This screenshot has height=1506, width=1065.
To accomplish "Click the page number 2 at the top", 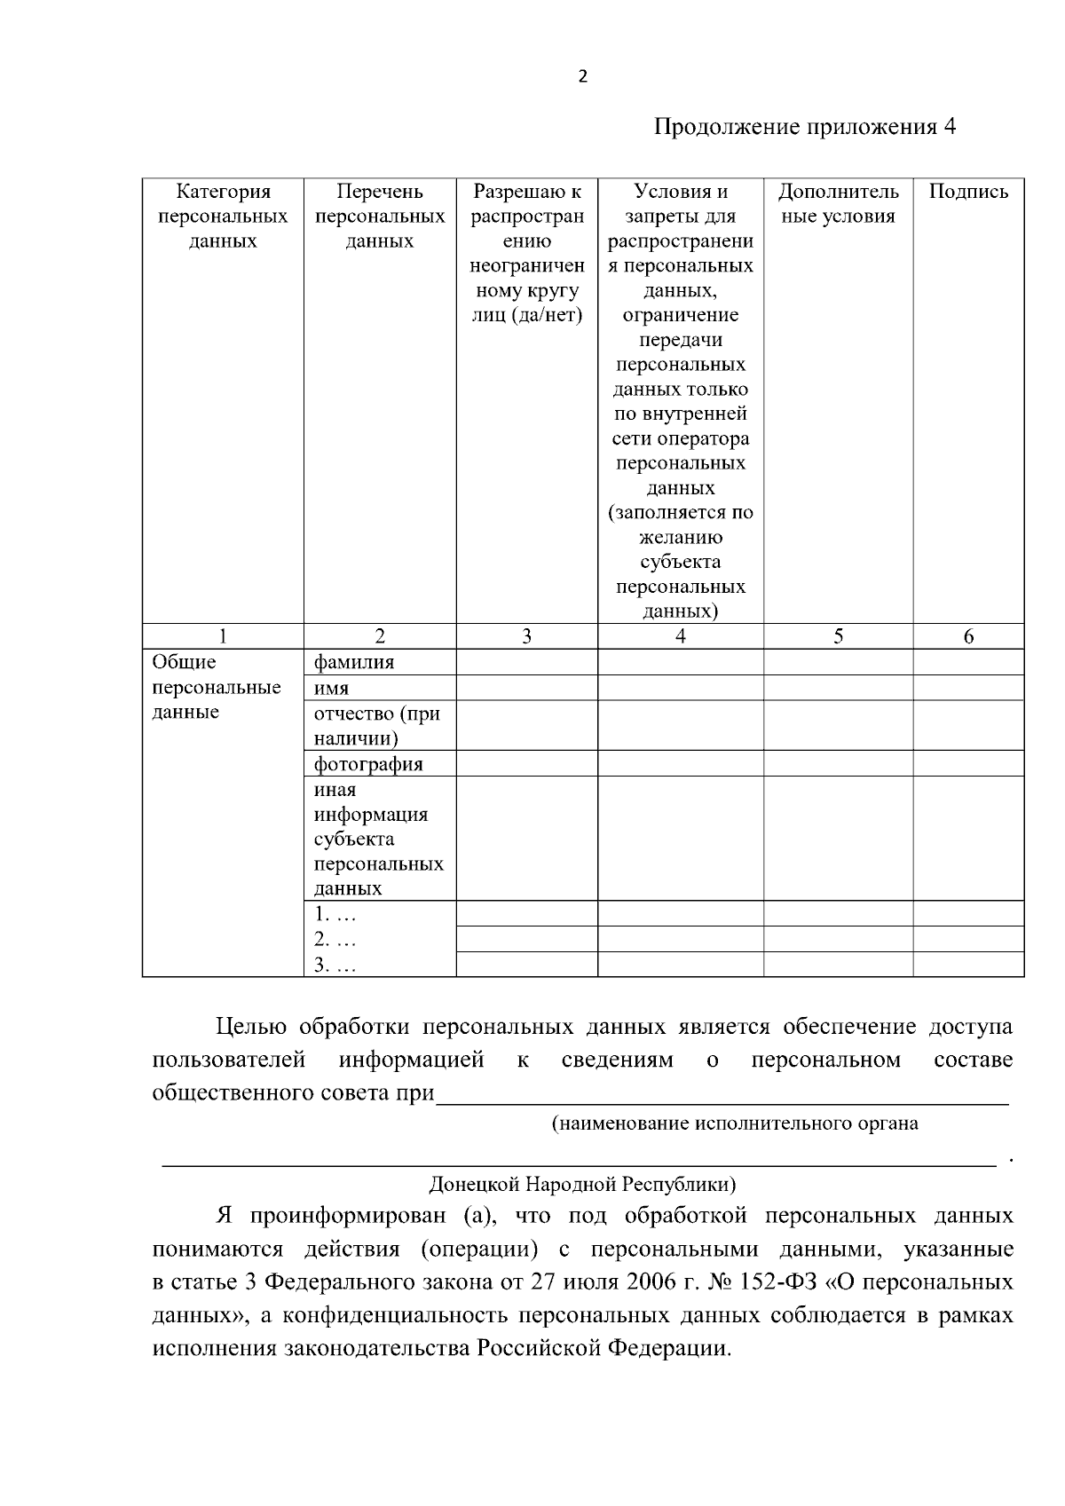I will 582,77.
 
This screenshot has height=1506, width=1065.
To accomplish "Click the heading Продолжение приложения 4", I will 805,128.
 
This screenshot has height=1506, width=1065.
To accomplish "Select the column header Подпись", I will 968,192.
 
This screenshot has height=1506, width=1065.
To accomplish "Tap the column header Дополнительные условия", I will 838,204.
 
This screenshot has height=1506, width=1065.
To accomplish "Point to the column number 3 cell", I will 526,636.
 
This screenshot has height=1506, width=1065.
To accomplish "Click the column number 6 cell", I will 968,636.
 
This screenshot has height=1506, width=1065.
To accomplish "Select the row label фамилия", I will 354,662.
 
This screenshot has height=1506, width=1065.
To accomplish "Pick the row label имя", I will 331,688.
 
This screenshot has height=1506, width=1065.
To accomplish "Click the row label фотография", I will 368,764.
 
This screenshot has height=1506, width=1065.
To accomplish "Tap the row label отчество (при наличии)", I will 376,726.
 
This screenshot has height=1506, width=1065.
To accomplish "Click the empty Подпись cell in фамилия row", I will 968,662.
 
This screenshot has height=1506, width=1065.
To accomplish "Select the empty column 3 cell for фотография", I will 526,764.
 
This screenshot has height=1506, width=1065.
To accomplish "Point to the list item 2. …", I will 335,940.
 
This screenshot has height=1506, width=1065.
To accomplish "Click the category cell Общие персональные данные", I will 217,688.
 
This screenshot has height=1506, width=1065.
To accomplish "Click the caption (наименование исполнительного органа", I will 735,1124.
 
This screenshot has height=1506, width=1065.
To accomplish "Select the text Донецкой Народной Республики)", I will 582,1184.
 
